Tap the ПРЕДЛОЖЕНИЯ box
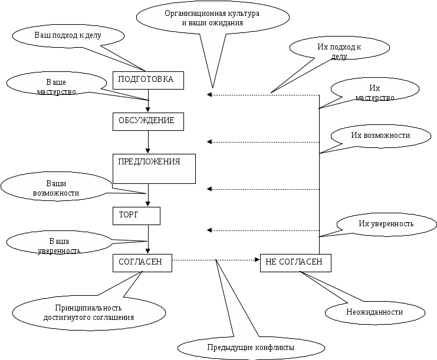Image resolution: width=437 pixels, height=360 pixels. click(x=154, y=169)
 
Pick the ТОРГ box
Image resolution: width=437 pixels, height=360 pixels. click(x=136, y=216)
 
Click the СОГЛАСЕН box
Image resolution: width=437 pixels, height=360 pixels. click(x=142, y=263)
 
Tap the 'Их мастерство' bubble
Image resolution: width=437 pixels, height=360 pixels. click(x=375, y=91)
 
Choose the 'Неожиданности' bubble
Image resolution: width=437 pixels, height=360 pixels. click(x=374, y=312)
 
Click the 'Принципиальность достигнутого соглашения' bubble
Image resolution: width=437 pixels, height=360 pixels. click(x=88, y=312)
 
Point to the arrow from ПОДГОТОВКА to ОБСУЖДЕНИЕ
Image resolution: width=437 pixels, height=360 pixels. click(x=148, y=100)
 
